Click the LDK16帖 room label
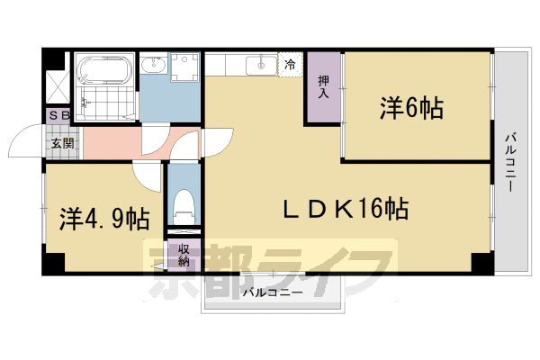tap(346, 211)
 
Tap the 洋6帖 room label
tap(410, 109)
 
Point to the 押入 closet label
tap(323, 86)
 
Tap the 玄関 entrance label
tap(62, 143)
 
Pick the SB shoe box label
tap(59, 116)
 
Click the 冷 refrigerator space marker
tap(291, 65)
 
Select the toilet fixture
tap(184, 206)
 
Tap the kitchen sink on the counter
tap(261, 63)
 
